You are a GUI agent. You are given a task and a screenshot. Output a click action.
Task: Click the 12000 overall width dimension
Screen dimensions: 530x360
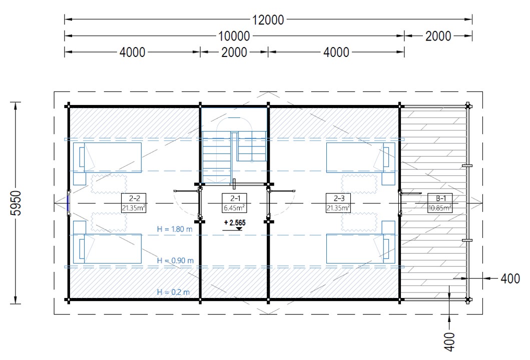pyautogui.click(x=268, y=19)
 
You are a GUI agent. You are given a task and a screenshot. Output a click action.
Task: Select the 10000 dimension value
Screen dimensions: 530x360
pyautogui.click(x=234, y=36)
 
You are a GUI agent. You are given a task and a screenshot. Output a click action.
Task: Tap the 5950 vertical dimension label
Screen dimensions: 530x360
pyautogui.click(x=16, y=203)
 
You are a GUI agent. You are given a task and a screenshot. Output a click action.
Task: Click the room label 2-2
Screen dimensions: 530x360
pyautogui.click(x=134, y=198)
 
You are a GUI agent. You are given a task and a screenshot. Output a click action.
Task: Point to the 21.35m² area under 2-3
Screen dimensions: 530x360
pyautogui.click(x=338, y=207)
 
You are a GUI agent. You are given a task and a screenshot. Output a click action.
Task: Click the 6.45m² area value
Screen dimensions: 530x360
pyautogui.click(x=234, y=207)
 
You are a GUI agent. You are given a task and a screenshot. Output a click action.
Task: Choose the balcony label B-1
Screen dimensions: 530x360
pyautogui.click(x=440, y=198)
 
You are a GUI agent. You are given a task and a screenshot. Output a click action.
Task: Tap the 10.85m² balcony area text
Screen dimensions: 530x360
pyautogui.click(x=440, y=207)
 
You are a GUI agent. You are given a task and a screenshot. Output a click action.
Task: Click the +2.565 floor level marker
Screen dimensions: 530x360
pyautogui.click(x=235, y=223)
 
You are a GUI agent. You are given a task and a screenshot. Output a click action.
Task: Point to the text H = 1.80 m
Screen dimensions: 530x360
pyautogui.click(x=174, y=229)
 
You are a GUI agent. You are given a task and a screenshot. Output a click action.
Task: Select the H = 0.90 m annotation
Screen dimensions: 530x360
pyautogui.click(x=175, y=260)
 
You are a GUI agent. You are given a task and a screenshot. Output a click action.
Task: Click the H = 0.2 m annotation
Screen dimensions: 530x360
pyautogui.click(x=173, y=292)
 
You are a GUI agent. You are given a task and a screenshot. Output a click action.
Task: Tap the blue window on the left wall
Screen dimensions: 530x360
pyautogui.click(x=68, y=203)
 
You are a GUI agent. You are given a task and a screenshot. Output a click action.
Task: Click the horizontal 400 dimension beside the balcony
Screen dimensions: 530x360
pyautogui.click(x=510, y=278)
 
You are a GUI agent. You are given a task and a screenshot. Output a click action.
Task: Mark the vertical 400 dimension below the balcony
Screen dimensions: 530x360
pyautogui.click(x=449, y=342)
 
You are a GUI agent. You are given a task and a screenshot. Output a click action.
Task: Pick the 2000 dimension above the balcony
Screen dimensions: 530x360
pyautogui.click(x=438, y=36)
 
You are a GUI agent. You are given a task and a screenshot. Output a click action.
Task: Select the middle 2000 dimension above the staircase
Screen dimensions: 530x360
pyautogui.click(x=234, y=52)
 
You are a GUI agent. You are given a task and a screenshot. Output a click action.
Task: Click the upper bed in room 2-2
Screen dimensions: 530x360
pyautogui.click(x=108, y=157)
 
